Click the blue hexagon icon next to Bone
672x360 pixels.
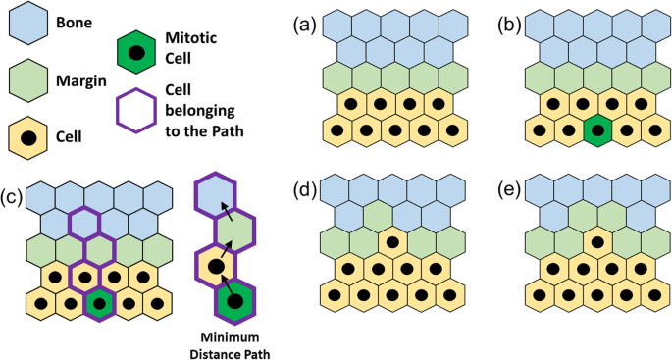[x=31, y=23]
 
